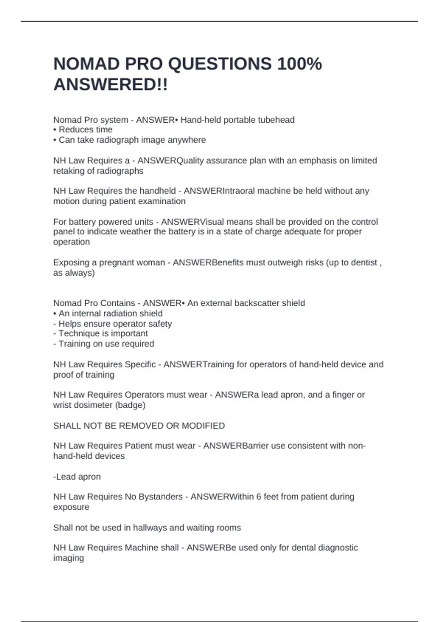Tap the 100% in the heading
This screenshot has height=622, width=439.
click(x=299, y=64)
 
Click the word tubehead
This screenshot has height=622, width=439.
click(x=276, y=120)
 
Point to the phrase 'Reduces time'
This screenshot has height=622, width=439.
click(x=85, y=130)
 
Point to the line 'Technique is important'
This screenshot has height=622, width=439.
click(x=103, y=333)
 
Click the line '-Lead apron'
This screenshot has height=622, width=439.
click(x=77, y=477)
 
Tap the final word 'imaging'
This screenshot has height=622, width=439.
click(x=68, y=558)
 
